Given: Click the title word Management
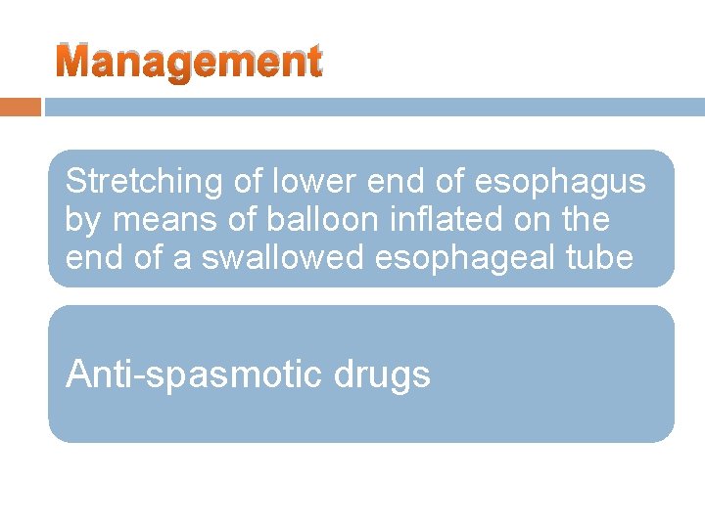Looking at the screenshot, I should tap(188, 63).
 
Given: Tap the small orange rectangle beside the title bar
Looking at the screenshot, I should tap(20, 107).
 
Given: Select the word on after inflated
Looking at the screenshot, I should tap(537, 221).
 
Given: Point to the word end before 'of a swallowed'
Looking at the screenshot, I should tap(89, 259).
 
